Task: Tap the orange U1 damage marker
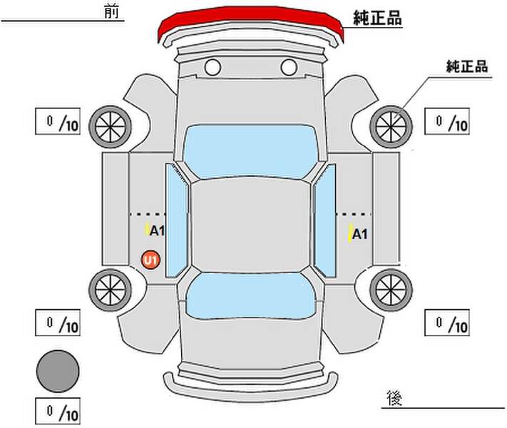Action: point(151,261)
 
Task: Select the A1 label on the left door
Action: point(157,230)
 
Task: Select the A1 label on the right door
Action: point(359,234)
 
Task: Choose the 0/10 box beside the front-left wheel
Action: point(58,122)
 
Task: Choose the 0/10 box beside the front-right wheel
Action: point(447,122)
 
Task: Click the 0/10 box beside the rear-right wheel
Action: point(447,322)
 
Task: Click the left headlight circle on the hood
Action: point(212,68)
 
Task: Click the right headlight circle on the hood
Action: point(288,68)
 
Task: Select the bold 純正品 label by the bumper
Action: point(378,19)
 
